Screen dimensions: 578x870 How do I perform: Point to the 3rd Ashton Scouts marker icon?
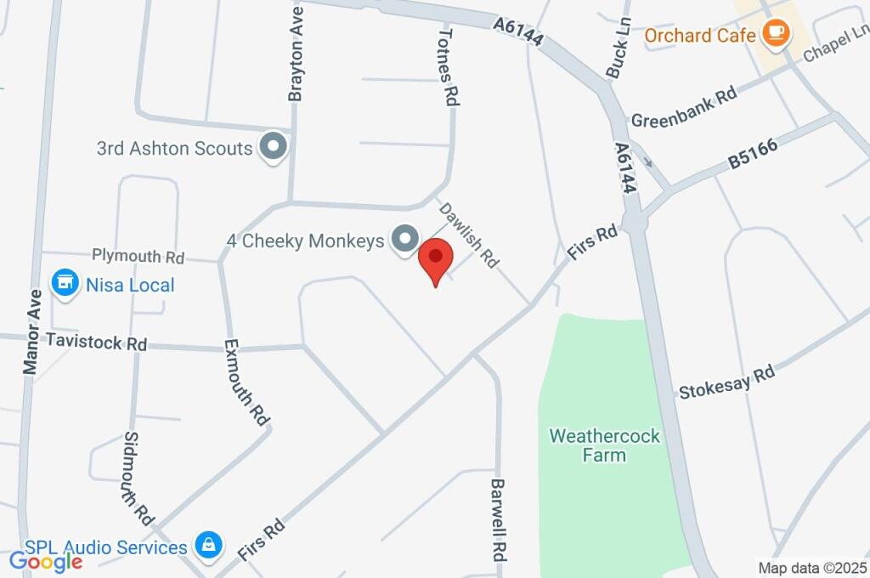274,147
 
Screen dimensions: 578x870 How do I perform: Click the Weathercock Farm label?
604,445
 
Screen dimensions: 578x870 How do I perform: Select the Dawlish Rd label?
467,235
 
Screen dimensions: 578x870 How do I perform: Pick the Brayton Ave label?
296,61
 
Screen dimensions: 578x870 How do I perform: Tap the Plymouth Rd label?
138,256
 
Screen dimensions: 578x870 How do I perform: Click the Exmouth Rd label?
247,382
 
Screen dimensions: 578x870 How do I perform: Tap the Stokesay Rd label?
727,382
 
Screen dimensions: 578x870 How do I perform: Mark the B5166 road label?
753,154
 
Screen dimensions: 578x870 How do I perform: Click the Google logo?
46,561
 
